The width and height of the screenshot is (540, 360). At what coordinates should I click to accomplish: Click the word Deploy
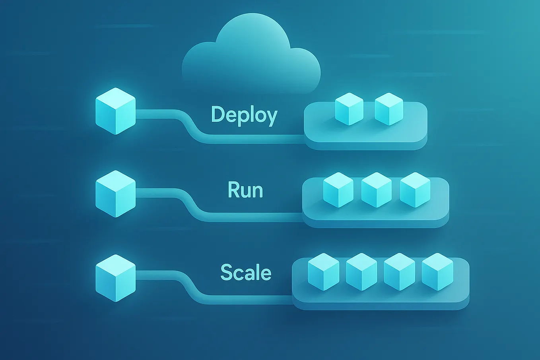[244, 115]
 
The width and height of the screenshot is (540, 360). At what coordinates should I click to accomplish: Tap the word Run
[245, 190]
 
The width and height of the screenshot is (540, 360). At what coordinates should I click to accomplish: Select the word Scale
[246, 272]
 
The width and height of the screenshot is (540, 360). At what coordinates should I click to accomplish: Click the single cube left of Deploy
[116, 111]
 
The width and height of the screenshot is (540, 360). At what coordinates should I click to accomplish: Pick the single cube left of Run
[116, 194]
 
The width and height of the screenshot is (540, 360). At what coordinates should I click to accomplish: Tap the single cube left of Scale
[116, 278]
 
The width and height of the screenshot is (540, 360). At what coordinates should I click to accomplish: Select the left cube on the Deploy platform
[349, 109]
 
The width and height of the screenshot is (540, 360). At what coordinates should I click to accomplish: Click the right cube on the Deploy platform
[389, 109]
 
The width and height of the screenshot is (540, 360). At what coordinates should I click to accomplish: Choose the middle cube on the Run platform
[376, 190]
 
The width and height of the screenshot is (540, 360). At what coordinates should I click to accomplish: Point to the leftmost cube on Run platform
[338, 190]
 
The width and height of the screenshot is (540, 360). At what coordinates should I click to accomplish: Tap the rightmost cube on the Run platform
[415, 190]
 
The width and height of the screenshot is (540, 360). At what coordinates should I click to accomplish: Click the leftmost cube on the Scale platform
[323, 272]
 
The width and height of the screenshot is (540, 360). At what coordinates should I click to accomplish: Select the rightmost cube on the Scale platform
[437, 272]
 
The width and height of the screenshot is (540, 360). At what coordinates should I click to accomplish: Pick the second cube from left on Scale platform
[361, 272]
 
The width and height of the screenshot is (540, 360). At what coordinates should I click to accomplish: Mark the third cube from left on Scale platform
[399, 272]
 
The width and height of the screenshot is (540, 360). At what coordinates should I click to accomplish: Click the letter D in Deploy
[218, 114]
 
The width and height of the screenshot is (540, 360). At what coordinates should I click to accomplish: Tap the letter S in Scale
[227, 272]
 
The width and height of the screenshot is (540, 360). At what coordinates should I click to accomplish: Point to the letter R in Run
[234, 190]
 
